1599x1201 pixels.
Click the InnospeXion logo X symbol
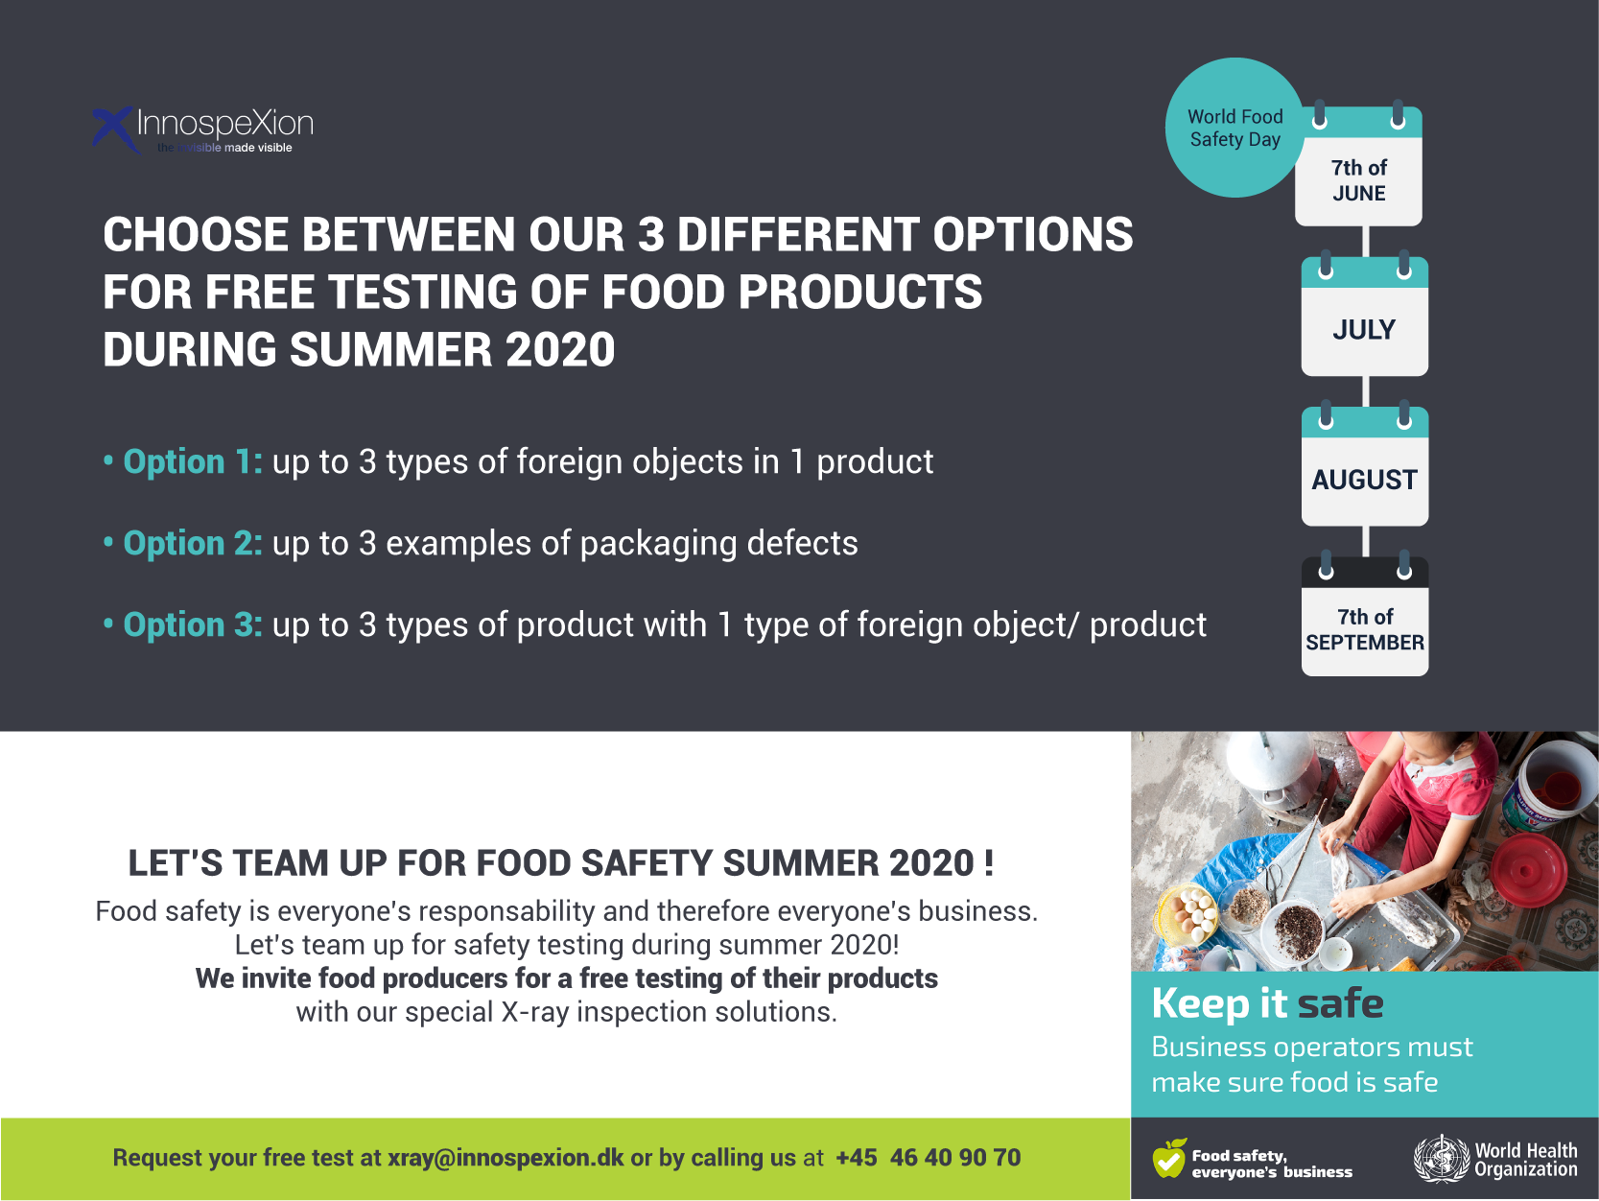coord(114,129)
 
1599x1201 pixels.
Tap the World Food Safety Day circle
coord(1235,128)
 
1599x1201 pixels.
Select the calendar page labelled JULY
coord(1364,317)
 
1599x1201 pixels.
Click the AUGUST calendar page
coord(1364,467)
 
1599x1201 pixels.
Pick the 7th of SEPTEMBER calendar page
coord(1364,617)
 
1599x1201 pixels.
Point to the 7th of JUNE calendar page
coord(1358,167)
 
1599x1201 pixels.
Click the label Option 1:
coord(192,461)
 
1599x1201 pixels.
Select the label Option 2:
coord(192,543)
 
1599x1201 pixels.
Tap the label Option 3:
coord(192,624)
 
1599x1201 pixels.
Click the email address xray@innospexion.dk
coord(506,1158)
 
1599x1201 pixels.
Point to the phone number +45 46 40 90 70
coord(929,1157)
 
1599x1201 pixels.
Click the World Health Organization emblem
coord(1441,1159)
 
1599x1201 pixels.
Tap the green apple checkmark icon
coord(1170,1158)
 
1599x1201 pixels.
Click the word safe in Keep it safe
coord(1340,1003)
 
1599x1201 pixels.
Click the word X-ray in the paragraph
coord(534,1012)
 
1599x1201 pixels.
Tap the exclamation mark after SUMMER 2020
coord(989,863)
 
